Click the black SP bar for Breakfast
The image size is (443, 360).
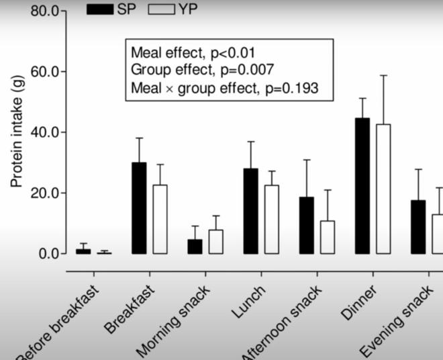pyautogui.click(x=139, y=208)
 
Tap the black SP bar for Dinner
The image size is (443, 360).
pyautogui.click(x=362, y=186)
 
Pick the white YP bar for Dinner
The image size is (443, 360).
pyautogui.click(x=383, y=189)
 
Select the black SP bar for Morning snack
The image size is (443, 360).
pyautogui.click(x=195, y=246)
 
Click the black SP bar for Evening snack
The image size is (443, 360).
pyautogui.click(x=418, y=227)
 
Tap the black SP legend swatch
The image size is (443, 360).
pyautogui.click(x=100, y=9)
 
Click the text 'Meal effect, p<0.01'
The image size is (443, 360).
pyautogui.click(x=193, y=52)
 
